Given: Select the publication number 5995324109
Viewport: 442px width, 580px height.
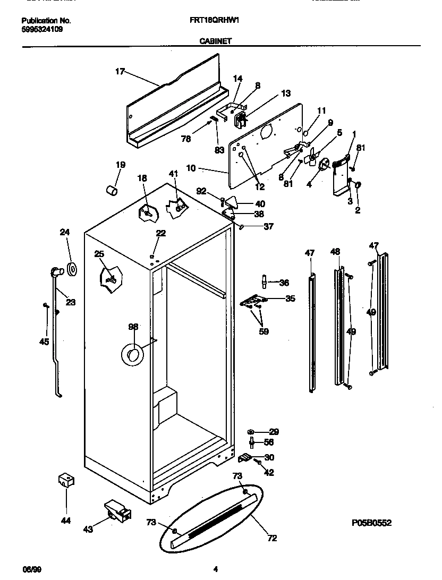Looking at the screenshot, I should pos(42,29).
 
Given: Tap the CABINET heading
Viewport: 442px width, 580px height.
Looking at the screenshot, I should pos(216,40).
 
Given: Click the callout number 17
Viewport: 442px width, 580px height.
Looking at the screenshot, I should pos(120,71).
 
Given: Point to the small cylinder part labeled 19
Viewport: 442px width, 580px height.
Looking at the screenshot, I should pos(110,190).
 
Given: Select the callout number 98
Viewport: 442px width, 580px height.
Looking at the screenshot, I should pos(133,328).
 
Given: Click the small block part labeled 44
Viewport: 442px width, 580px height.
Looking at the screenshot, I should pos(66,480).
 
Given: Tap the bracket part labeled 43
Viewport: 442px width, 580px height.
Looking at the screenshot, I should pos(117,510).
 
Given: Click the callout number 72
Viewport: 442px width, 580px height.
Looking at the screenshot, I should pos(272,539).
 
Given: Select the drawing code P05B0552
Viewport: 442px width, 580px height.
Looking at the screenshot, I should pos(371,523).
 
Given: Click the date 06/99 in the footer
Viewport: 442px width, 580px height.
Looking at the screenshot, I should pos(31,569).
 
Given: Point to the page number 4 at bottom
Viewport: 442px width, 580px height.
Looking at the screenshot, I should pos(215,569).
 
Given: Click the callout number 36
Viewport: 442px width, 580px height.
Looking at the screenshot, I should pos(284,283).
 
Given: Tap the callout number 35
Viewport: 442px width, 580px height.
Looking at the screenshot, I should pos(290,298).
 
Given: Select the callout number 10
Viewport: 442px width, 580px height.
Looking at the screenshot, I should pos(191,168).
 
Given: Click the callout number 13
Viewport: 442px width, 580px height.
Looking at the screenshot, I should pos(286,93).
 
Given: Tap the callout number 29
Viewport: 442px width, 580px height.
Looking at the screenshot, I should pos(274,432).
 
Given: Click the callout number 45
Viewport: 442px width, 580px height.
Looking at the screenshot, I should pos(44,342).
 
